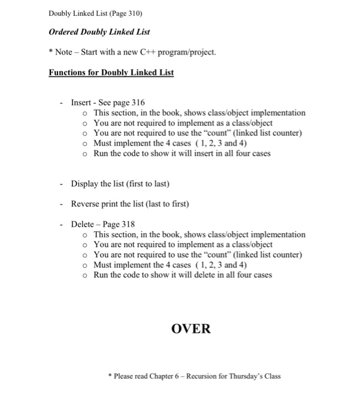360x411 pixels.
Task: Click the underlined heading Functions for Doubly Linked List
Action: point(111,73)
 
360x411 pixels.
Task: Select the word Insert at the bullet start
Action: point(81,102)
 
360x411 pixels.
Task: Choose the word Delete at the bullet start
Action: point(82,224)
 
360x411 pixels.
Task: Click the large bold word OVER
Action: point(191,328)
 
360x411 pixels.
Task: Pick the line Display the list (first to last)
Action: point(120,184)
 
